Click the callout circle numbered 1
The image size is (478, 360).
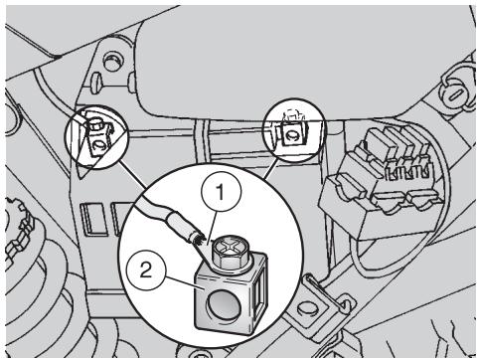point(222,192)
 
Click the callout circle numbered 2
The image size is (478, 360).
point(145,270)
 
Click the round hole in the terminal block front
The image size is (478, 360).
point(223,305)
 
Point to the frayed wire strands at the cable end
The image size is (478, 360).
point(199,239)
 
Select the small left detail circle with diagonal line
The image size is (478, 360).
point(96,137)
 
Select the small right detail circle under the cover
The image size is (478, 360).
point(293,130)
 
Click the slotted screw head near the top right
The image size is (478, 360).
point(455,95)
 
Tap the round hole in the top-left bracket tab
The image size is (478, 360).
point(112,61)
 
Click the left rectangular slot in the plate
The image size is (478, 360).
point(94,220)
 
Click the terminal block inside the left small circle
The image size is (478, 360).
point(97,138)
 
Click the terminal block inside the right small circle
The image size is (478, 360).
point(293,133)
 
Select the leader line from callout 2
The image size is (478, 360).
point(181,282)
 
